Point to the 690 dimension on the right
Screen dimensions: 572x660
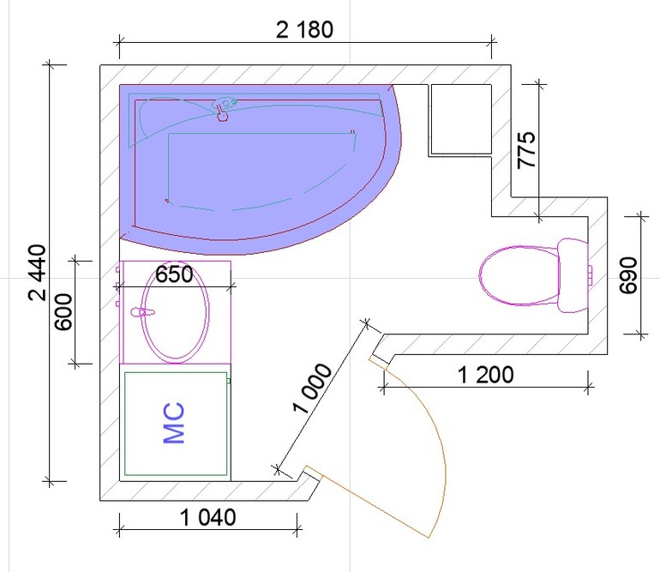[628, 274]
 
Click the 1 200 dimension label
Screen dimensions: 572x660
[485, 375]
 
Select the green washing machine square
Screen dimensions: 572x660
[177, 424]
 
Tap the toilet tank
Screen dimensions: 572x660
[573, 276]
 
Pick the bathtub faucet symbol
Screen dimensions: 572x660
[223, 107]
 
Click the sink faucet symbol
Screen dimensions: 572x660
[137, 312]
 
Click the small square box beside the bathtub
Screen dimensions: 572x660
[460, 117]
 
